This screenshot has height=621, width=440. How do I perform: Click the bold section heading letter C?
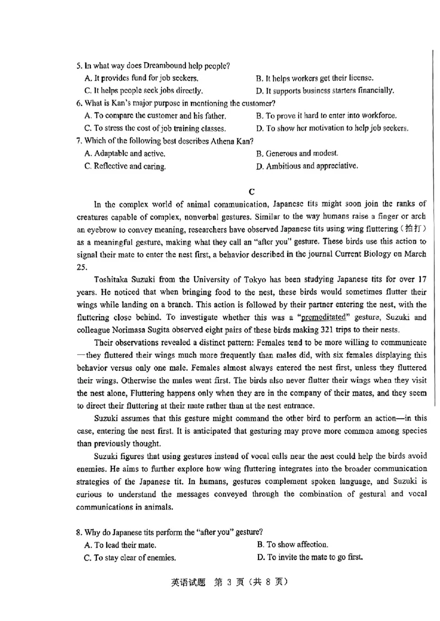click(252, 191)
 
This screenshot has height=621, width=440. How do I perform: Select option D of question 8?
click(309, 557)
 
